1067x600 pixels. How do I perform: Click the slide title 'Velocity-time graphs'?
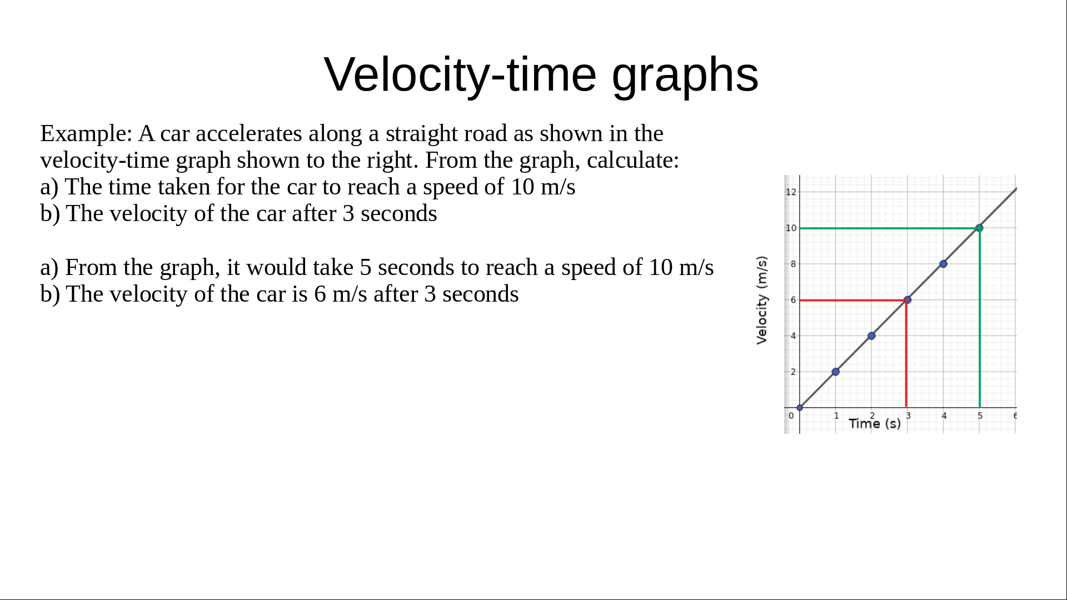pos(541,74)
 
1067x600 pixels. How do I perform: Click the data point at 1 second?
pos(835,372)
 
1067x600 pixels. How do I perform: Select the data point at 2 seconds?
pos(871,336)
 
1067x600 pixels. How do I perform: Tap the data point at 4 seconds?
pos(943,264)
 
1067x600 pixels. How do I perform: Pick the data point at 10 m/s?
pos(979,228)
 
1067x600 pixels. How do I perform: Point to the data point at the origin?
pos(800,408)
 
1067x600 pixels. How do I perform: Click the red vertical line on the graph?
pos(906,354)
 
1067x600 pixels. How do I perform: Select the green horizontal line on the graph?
pos(889,228)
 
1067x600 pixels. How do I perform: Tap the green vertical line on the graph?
pos(980,318)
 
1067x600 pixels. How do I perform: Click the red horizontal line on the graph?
pos(853,300)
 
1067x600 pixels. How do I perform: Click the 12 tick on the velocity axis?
pos(791,192)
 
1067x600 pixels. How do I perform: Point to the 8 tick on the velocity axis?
pos(793,264)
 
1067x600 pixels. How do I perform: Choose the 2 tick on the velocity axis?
pos(793,372)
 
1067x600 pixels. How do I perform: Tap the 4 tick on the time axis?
pos(944,416)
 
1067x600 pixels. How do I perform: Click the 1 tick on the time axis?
pos(836,416)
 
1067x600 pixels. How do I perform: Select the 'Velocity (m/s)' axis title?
pos(762,300)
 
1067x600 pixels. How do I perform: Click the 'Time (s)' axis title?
pos(875,424)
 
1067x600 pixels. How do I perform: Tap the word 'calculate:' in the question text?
pos(633,161)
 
